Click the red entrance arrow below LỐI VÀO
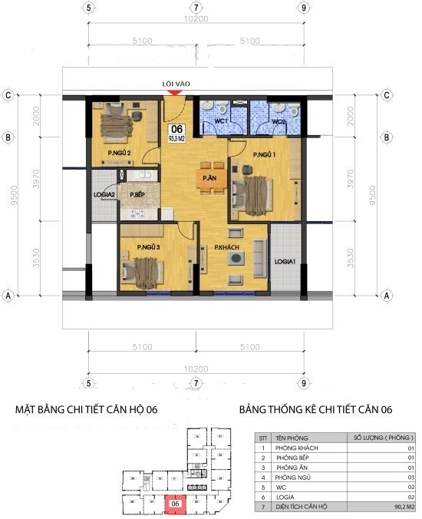coord(175,93)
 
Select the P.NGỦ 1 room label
coord(264,155)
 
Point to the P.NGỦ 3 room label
coord(148,246)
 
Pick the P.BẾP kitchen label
coord(138,195)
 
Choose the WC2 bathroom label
coord(277,121)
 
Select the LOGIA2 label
coord(104,195)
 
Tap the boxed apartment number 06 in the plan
coord(176,129)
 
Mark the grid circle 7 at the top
coord(197,8)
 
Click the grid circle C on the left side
coord(8,95)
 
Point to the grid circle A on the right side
coord(387,295)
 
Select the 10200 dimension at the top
coord(197,20)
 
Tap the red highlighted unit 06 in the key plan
coord(176,504)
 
